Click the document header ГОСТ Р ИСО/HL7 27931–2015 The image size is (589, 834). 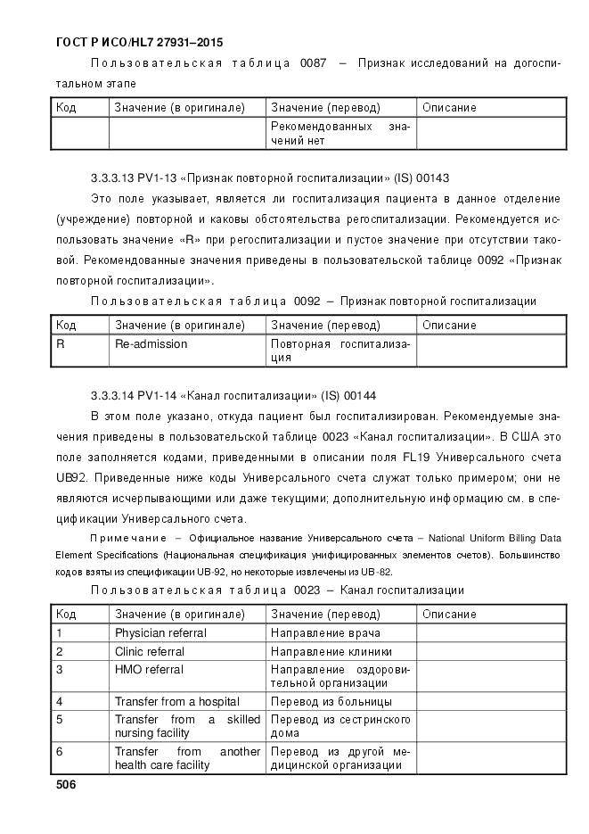139,42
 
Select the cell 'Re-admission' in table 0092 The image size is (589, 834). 151,343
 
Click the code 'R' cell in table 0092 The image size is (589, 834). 61,343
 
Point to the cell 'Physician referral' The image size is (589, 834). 160,632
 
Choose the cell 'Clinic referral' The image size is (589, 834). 150,651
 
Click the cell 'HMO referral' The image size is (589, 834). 149,669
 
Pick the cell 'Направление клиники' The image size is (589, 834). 331,651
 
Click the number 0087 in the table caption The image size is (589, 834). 309,62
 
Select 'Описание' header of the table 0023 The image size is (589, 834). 449,614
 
